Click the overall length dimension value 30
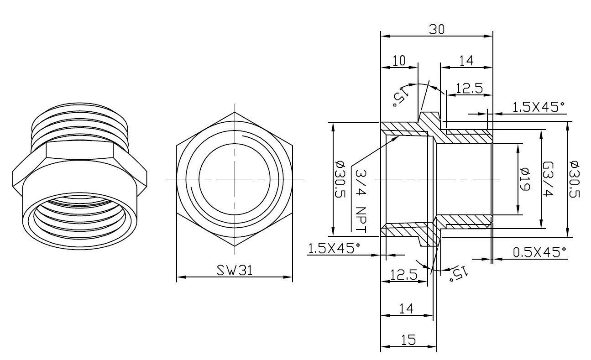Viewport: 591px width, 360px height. coord(437,30)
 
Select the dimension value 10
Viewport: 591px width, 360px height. coord(399,61)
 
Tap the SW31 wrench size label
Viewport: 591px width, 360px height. coord(235,270)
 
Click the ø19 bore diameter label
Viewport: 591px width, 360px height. coord(524,179)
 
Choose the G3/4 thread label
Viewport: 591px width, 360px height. coord(548,179)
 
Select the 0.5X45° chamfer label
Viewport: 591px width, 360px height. coord(540,252)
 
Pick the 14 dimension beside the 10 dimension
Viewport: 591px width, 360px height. coord(466,61)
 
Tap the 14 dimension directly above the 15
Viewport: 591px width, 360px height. coord(406,308)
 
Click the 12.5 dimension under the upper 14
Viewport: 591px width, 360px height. coord(469,89)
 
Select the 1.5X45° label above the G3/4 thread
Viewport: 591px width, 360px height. coord(538,107)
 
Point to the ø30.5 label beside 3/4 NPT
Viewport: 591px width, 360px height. coord(340,179)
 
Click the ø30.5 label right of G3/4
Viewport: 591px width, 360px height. coord(575,179)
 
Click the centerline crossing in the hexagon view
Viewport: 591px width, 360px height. coord(235,179)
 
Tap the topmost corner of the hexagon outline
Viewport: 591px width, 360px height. coord(235,112)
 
